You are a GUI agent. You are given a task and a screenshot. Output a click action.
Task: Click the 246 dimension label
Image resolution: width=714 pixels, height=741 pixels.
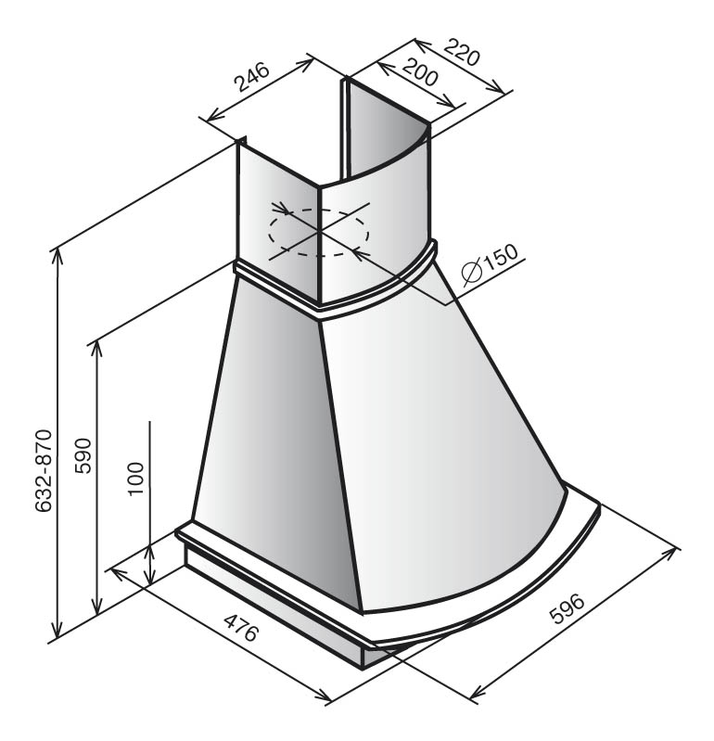(252, 77)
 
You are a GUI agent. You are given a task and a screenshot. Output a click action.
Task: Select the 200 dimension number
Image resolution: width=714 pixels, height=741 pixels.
(420, 71)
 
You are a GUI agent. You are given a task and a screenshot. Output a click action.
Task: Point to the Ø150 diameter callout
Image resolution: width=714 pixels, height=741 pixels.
(490, 264)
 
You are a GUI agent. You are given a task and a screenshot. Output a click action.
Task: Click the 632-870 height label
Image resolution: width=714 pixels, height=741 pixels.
(44, 471)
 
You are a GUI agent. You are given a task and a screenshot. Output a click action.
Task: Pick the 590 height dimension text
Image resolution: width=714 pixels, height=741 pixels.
(83, 455)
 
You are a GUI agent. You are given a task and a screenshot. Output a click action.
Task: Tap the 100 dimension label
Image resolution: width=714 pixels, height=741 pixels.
(135, 479)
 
